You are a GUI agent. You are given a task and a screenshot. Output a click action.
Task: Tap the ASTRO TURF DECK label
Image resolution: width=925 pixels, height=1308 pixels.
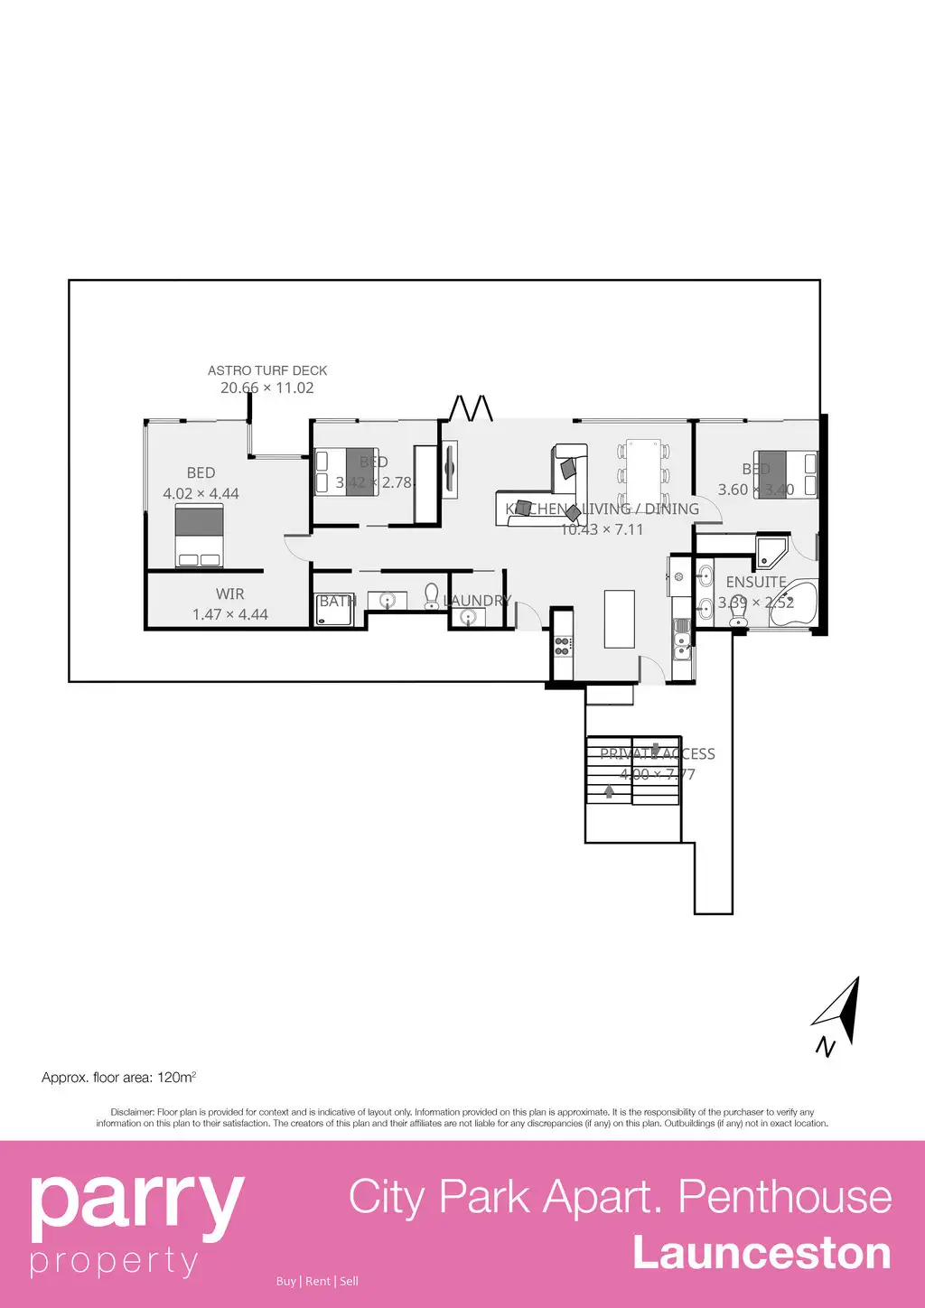coord(267,370)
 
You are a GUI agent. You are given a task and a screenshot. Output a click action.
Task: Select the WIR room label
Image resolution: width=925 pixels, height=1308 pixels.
coord(229,593)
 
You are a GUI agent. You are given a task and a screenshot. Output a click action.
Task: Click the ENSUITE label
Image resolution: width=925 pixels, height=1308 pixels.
coord(756,582)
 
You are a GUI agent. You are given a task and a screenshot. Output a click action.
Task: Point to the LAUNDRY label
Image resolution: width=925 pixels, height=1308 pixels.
coord(477,600)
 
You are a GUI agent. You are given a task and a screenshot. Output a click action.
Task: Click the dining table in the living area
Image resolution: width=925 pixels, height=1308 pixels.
coord(644,472)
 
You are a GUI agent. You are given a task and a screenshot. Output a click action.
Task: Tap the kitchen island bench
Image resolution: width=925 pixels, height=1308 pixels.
coord(619,619)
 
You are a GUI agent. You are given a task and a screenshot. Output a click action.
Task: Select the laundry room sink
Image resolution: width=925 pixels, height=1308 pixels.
coord(468,617)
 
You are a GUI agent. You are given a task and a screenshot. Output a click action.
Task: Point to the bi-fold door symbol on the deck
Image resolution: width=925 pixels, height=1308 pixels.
coord(472,408)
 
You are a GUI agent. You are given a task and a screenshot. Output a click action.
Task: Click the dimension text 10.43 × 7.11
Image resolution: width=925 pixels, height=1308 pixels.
coord(602,529)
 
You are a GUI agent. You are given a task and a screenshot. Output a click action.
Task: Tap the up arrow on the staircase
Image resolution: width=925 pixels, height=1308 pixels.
coord(609,791)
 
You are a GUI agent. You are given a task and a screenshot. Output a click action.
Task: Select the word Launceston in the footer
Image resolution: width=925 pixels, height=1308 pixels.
coord(761,1253)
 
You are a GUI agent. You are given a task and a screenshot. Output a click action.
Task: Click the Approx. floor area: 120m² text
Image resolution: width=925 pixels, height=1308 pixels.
coord(118,1077)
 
